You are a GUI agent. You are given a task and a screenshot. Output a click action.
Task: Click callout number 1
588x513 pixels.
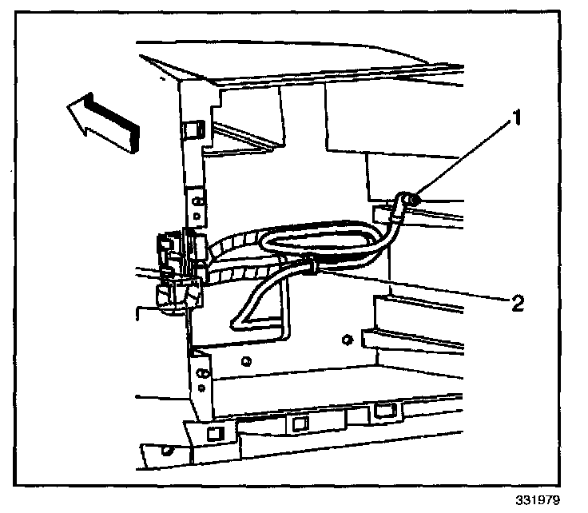pos(517,120)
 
